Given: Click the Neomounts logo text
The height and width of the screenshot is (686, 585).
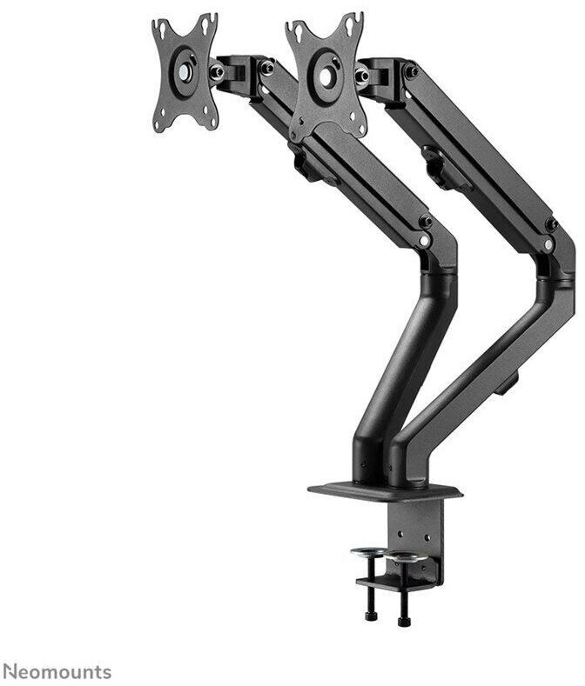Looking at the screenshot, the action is tap(57, 671).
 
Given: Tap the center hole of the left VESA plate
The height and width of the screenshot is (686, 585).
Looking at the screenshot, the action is tap(185, 72).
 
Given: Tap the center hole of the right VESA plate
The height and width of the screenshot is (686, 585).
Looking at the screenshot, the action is tap(326, 77).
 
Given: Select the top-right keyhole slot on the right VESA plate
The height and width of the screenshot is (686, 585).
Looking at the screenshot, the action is tap(349, 25).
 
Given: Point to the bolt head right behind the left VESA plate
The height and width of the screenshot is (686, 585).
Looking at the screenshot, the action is tap(216, 71).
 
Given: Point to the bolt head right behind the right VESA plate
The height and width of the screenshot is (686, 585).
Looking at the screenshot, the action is tap(362, 76).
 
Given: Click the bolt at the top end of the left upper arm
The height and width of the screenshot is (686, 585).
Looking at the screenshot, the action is tap(267, 67).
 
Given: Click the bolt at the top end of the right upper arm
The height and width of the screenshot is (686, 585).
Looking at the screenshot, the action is tap(411, 71).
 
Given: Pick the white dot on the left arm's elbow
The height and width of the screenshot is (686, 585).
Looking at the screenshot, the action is tap(423, 241).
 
